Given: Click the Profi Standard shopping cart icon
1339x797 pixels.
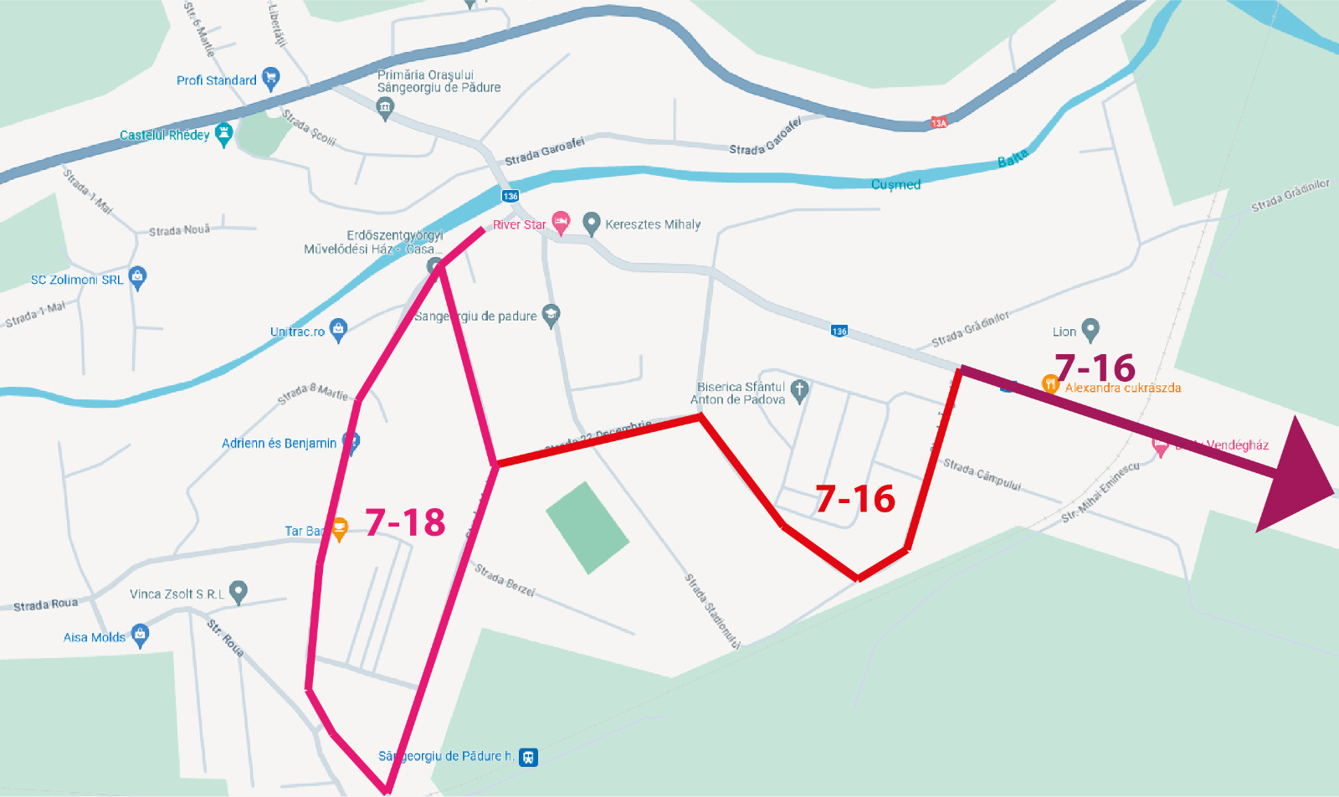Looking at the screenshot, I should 270,79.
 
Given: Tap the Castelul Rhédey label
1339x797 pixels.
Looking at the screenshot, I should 164,135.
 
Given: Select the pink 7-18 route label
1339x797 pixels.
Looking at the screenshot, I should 406,522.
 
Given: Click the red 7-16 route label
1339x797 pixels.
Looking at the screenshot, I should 855,499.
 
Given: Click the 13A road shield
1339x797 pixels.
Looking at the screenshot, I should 939,123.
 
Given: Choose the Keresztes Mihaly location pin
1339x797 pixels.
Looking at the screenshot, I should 592,223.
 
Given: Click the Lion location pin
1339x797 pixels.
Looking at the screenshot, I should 1090,330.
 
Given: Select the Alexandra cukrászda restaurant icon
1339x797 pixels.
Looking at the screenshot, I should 1050,384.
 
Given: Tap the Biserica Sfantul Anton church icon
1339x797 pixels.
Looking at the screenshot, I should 799,390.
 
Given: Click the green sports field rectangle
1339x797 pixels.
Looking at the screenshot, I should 587,527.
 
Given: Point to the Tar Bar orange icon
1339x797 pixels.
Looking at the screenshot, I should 340,528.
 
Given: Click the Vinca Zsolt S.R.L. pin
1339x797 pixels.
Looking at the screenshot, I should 239,592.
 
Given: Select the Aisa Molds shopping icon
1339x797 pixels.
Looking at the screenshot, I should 140,635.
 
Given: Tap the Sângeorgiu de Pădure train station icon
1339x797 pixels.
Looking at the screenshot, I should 528,757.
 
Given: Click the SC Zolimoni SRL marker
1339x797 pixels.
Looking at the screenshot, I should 138,277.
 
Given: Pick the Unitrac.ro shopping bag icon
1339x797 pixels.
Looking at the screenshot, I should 338,329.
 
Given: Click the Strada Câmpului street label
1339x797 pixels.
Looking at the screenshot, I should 982,474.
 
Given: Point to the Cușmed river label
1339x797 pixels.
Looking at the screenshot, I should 895,184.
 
